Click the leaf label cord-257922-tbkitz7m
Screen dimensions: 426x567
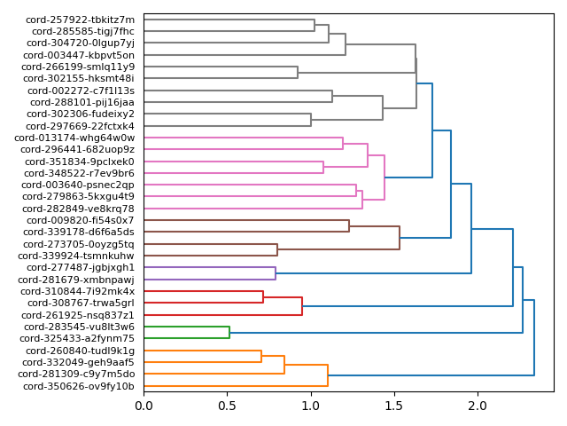coord(80,20)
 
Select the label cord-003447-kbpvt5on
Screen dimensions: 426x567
coord(79,55)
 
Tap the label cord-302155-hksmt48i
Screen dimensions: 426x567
coord(79,78)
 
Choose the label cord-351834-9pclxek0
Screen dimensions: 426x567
coord(80,162)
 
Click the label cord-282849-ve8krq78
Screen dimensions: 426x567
coord(79,209)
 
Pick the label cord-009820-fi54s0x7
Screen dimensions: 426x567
coord(80,220)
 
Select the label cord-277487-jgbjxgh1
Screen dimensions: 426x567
coord(81,267)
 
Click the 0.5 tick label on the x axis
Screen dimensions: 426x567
coord(227,406)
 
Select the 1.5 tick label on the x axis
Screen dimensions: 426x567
coord(394,406)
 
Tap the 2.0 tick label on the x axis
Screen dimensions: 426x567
coord(478,406)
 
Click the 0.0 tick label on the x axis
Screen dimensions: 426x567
coord(144,406)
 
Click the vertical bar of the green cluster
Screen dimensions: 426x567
coord(229,333)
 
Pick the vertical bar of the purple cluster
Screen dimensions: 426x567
coord(276,273)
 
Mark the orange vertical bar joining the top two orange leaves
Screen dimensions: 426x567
coord(261,357)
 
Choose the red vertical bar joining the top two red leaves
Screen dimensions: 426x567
coord(263,297)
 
